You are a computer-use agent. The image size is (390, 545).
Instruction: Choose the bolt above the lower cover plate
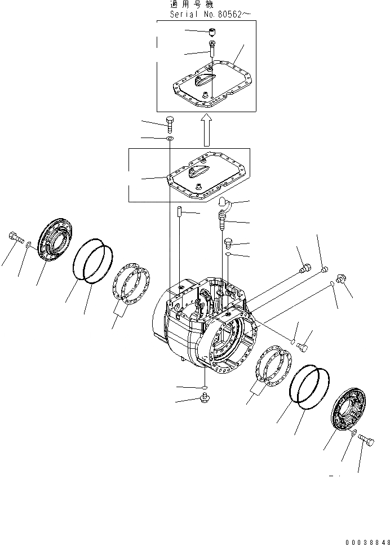170,121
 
